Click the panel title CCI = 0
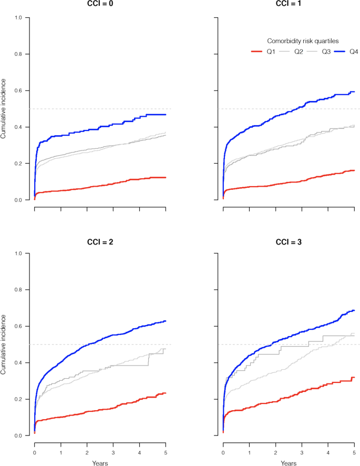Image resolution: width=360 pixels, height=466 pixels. (100, 3)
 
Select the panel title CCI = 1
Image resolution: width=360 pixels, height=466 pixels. (289, 3)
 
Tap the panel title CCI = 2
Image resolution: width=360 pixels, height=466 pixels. (100, 243)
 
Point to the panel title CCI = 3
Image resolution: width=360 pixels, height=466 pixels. (289, 243)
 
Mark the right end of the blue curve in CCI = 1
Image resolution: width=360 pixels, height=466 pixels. (354, 92)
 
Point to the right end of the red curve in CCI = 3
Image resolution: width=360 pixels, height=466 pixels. (354, 378)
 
